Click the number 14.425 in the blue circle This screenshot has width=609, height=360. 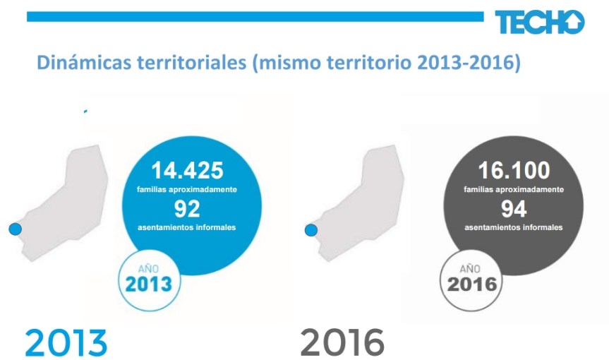(x=188, y=171)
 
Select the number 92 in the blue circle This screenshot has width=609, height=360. (x=188, y=208)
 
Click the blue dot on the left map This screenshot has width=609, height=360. (x=13, y=229)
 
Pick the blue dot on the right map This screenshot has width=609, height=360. (x=310, y=230)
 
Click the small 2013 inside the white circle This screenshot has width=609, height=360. (x=149, y=284)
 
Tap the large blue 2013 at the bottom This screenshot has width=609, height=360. (x=66, y=342)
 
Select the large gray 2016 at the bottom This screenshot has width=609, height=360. (x=342, y=342)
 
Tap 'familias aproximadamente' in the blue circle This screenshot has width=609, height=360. (x=188, y=191)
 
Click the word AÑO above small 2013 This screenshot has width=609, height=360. (x=149, y=268)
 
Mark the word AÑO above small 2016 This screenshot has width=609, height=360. (x=471, y=269)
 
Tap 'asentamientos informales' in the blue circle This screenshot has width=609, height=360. (x=188, y=227)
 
